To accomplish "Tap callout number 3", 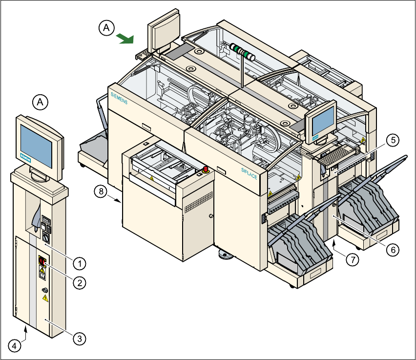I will point(78,338).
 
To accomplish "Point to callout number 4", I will point(15,346).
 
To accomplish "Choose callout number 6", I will point(393,249).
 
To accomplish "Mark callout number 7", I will point(353,259).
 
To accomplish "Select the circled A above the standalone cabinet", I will point(40,102).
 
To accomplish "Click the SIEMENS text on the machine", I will point(119,98).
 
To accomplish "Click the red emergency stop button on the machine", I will point(206,169).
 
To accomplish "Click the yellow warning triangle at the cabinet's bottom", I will point(45,297).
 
